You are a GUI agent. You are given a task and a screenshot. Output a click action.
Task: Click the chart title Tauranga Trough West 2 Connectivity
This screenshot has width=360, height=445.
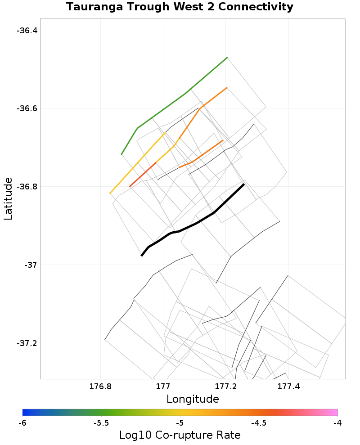click(x=180, y=7)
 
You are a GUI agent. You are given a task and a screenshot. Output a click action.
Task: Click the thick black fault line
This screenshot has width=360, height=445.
click(x=198, y=222)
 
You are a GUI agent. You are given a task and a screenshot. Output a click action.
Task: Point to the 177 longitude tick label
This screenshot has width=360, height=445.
click(x=162, y=386)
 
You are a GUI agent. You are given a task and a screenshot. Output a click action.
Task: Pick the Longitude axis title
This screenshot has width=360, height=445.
click(x=193, y=399)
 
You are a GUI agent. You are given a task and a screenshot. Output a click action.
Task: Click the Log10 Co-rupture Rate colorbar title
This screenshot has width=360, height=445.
click(x=180, y=435)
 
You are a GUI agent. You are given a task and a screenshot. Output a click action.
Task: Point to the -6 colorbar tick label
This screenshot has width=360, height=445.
click(x=22, y=423)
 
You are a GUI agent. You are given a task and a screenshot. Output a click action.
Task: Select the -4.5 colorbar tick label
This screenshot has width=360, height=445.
click(x=259, y=423)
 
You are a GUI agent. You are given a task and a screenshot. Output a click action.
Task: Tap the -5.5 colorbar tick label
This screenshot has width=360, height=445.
click(x=101, y=423)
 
